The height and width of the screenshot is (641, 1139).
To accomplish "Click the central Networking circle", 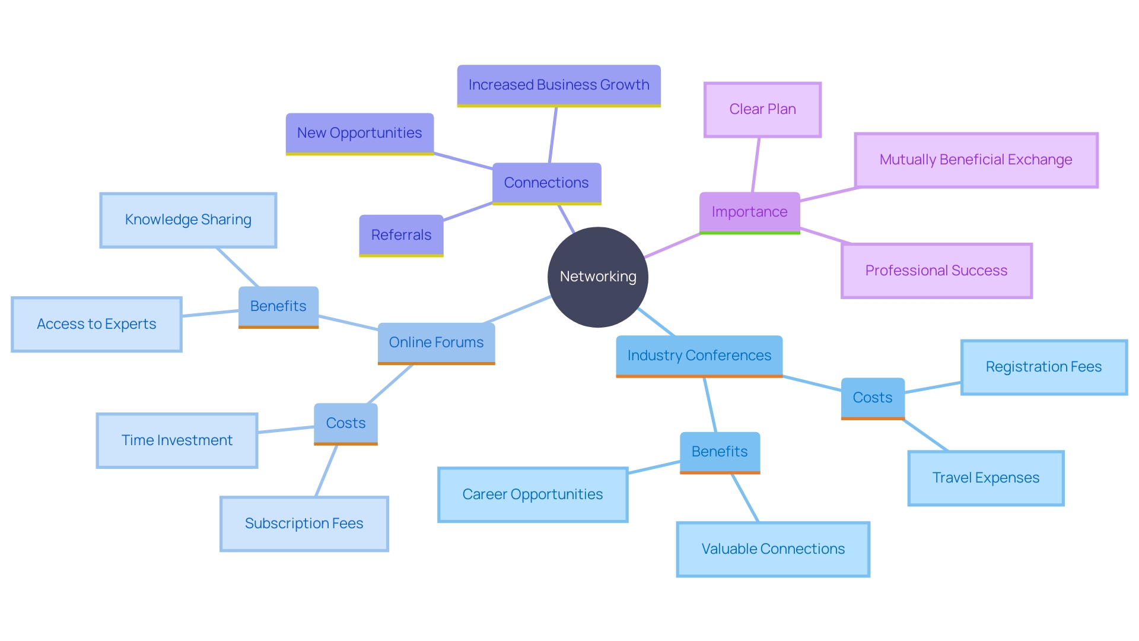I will click(x=597, y=277).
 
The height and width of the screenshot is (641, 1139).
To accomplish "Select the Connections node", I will click(x=546, y=183).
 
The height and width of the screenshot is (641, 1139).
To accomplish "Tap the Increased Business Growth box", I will click(x=559, y=85).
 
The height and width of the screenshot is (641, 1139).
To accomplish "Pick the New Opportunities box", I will click(x=359, y=133).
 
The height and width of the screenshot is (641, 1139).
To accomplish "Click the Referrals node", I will click(x=401, y=235).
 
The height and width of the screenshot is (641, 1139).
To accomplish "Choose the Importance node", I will click(x=749, y=212).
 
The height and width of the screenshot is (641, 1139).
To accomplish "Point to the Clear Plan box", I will click(x=762, y=109).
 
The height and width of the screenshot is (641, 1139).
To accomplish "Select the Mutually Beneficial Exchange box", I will click(x=976, y=160).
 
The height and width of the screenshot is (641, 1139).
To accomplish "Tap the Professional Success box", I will click(x=936, y=271).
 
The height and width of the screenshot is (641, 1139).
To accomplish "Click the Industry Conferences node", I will click(x=699, y=356).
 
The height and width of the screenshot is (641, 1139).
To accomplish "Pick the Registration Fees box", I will click(x=1043, y=367).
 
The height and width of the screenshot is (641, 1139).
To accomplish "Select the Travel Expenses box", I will click(x=985, y=478).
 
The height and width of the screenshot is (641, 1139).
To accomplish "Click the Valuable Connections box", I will click(x=773, y=549).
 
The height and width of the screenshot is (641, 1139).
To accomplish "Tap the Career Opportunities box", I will click(x=532, y=494).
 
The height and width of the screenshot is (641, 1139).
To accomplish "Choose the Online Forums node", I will click(x=436, y=342).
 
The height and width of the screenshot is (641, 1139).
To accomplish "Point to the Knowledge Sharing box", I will click(x=188, y=220).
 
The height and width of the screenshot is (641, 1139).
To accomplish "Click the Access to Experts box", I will click(x=97, y=324).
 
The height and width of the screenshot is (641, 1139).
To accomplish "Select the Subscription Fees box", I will click(x=304, y=523).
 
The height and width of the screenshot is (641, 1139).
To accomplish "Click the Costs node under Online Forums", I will click(x=345, y=423).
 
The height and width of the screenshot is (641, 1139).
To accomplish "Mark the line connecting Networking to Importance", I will click(x=673, y=245).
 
